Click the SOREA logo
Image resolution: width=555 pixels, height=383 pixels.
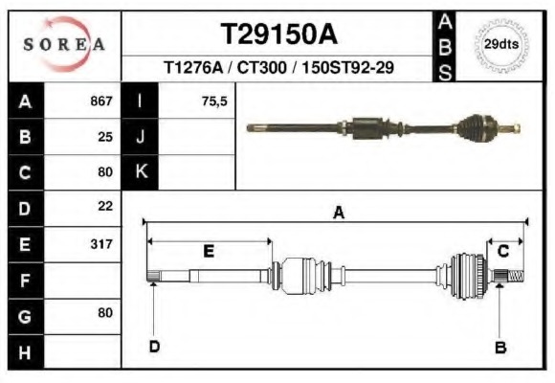[x=63, y=45]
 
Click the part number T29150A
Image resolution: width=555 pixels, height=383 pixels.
[x=278, y=34]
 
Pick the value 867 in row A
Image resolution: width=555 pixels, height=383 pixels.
[x=100, y=101]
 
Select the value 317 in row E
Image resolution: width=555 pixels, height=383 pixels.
[x=100, y=244]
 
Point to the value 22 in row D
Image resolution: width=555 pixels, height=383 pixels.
[x=104, y=207]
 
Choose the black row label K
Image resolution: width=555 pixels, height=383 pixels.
[x=141, y=172]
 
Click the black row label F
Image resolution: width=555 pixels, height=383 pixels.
[x=25, y=280]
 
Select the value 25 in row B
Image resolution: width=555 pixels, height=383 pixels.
[x=104, y=137]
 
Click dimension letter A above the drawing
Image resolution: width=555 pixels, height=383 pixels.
[x=338, y=214]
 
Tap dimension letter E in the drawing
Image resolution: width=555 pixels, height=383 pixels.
[x=209, y=251]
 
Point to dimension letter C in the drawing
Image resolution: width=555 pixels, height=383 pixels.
[x=503, y=251]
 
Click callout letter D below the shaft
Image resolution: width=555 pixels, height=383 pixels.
[x=153, y=347]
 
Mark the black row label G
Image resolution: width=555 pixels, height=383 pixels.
[x=25, y=315]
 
